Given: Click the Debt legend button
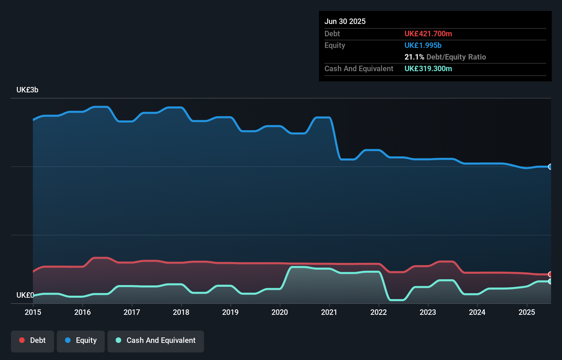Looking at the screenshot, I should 33,340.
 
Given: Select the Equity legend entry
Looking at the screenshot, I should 81,340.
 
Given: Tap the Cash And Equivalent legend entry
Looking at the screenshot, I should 156,340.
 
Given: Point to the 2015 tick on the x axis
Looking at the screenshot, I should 33,312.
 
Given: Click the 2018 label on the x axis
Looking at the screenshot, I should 181,312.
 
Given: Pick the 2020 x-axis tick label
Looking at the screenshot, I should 280,312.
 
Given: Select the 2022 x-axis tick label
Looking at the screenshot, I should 379,312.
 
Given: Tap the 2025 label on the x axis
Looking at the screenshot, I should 527,312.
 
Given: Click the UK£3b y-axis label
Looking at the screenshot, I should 27,90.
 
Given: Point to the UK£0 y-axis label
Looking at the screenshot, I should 25,295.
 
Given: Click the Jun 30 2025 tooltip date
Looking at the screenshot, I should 345,21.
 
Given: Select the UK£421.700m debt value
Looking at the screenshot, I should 428,34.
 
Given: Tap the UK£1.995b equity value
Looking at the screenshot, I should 423,45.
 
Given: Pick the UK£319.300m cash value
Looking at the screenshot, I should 428,68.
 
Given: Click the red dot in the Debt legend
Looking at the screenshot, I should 22,340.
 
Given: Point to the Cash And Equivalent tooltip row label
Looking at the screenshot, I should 359,68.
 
